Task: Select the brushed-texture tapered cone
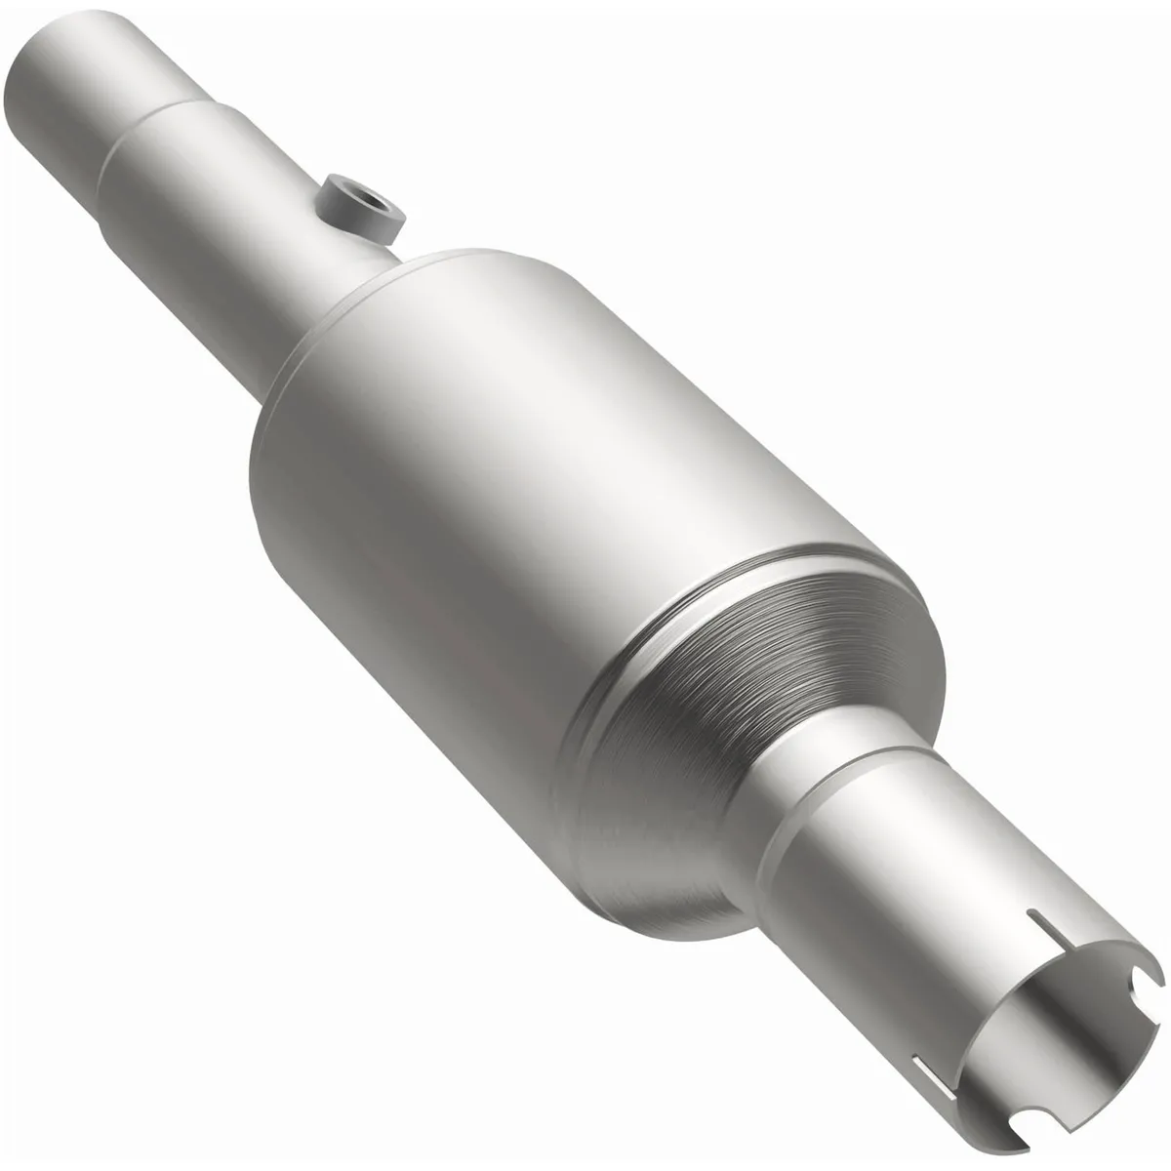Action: (742, 683)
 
